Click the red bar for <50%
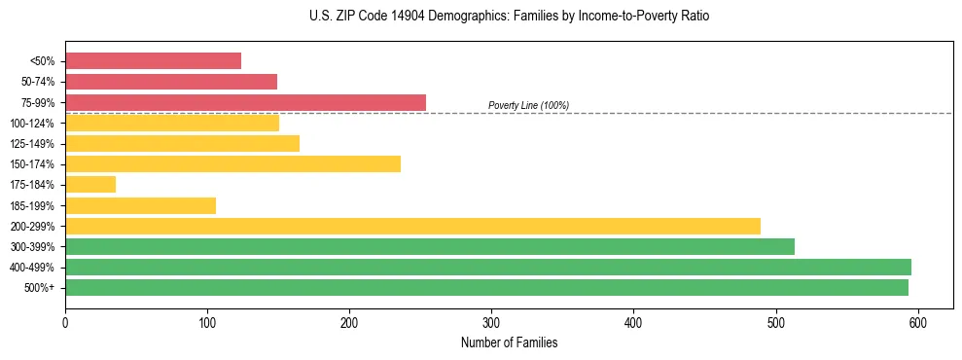pos(153,61)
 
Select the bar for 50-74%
pos(171,82)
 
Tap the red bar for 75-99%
pos(245,102)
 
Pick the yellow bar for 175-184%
pos(90,184)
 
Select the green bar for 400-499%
pos(487,267)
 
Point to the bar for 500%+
pos(486,287)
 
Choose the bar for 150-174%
pos(232,163)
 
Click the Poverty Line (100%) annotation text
pos(528,105)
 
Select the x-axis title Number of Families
pos(509,342)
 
